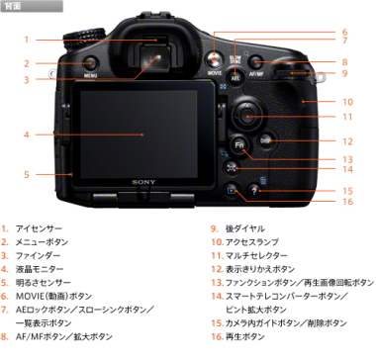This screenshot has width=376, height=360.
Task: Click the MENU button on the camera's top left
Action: [90, 64]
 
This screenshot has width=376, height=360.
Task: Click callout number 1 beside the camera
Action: [27, 40]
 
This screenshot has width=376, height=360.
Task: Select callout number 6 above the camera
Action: [344, 32]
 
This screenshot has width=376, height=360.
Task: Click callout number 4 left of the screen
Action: [27, 134]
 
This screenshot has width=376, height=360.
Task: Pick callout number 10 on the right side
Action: [347, 101]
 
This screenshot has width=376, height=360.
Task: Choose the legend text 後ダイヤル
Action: [236, 227]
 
